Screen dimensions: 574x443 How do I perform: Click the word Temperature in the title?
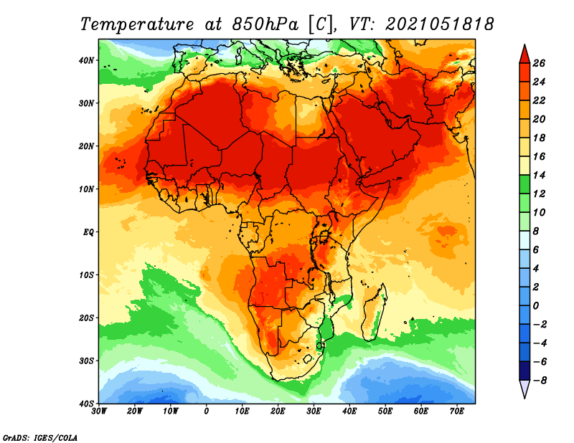[x=137, y=24]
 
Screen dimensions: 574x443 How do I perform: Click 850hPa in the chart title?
[x=265, y=24]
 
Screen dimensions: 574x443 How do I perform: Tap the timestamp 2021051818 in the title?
[x=439, y=24]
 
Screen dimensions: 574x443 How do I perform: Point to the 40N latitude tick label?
[x=86, y=60]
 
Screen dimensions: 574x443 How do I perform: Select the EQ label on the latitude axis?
[x=88, y=232]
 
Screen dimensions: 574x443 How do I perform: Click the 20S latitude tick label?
[x=86, y=318]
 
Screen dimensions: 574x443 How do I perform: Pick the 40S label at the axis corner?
[x=86, y=404]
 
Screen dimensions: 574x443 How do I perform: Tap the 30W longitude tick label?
[x=99, y=411]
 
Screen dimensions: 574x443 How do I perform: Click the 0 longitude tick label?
[x=207, y=411]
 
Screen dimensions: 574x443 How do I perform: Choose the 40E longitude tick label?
[x=349, y=411]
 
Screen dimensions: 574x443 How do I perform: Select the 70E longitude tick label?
[x=457, y=411]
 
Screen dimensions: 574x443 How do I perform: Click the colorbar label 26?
[x=539, y=63]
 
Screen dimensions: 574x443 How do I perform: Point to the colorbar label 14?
[x=539, y=175]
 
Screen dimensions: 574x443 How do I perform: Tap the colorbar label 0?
[x=536, y=306]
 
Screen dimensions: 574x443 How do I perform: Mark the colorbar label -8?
[x=540, y=381]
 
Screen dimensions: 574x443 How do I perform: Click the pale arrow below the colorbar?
[x=524, y=388]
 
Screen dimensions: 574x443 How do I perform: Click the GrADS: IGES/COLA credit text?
[x=40, y=438]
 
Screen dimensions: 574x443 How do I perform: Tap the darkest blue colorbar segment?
[x=524, y=371]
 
